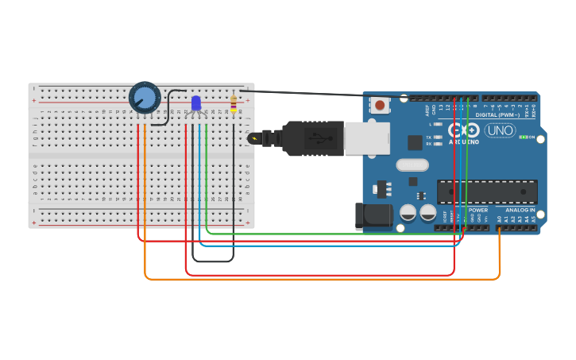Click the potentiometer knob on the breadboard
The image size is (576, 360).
(x=145, y=98)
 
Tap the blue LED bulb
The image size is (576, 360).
(x=196, y=103)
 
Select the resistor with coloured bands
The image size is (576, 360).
(x=233, y=103)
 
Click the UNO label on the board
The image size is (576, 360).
(x=500, y=130)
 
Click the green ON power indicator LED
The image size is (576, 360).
(x=522, y=137)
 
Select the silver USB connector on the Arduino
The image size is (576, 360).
(x=366, y=138)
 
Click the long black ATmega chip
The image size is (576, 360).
(x=486, y=192)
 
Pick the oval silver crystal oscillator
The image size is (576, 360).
(x=412, y=165)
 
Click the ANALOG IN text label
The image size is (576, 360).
(x=520, y=210)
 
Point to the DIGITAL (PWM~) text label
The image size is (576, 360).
(x=497, y=115)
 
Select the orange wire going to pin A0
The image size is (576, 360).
(x=318, y=279)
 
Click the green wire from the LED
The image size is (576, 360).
(x=318, y=234)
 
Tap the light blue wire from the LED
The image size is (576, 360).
(x=318, y=246)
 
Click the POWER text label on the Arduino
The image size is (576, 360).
(x=477, y=210)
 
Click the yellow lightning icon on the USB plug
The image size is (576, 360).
(x=253, y=138)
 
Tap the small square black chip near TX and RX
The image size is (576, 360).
(x=415, y=142)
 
